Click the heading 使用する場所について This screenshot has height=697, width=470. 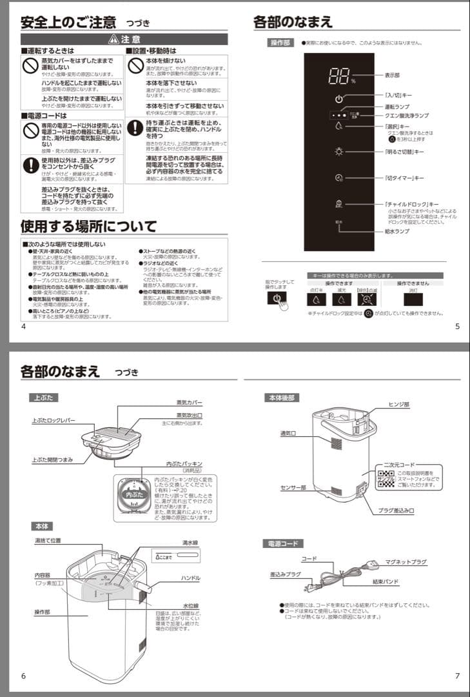point(88,227)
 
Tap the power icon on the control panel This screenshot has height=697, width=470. point(339,99)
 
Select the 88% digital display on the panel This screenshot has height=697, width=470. point(339,77)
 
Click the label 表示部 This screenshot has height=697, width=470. point(393,75)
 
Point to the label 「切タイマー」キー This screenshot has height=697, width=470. point(405,177)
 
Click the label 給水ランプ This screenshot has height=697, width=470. point(397,231)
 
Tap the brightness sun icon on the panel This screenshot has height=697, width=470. point(339,152)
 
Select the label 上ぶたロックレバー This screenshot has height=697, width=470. point(54,420)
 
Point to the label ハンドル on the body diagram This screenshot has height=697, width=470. point(190,578)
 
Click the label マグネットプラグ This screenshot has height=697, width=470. point(406,562)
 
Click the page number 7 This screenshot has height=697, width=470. point(457,676)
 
